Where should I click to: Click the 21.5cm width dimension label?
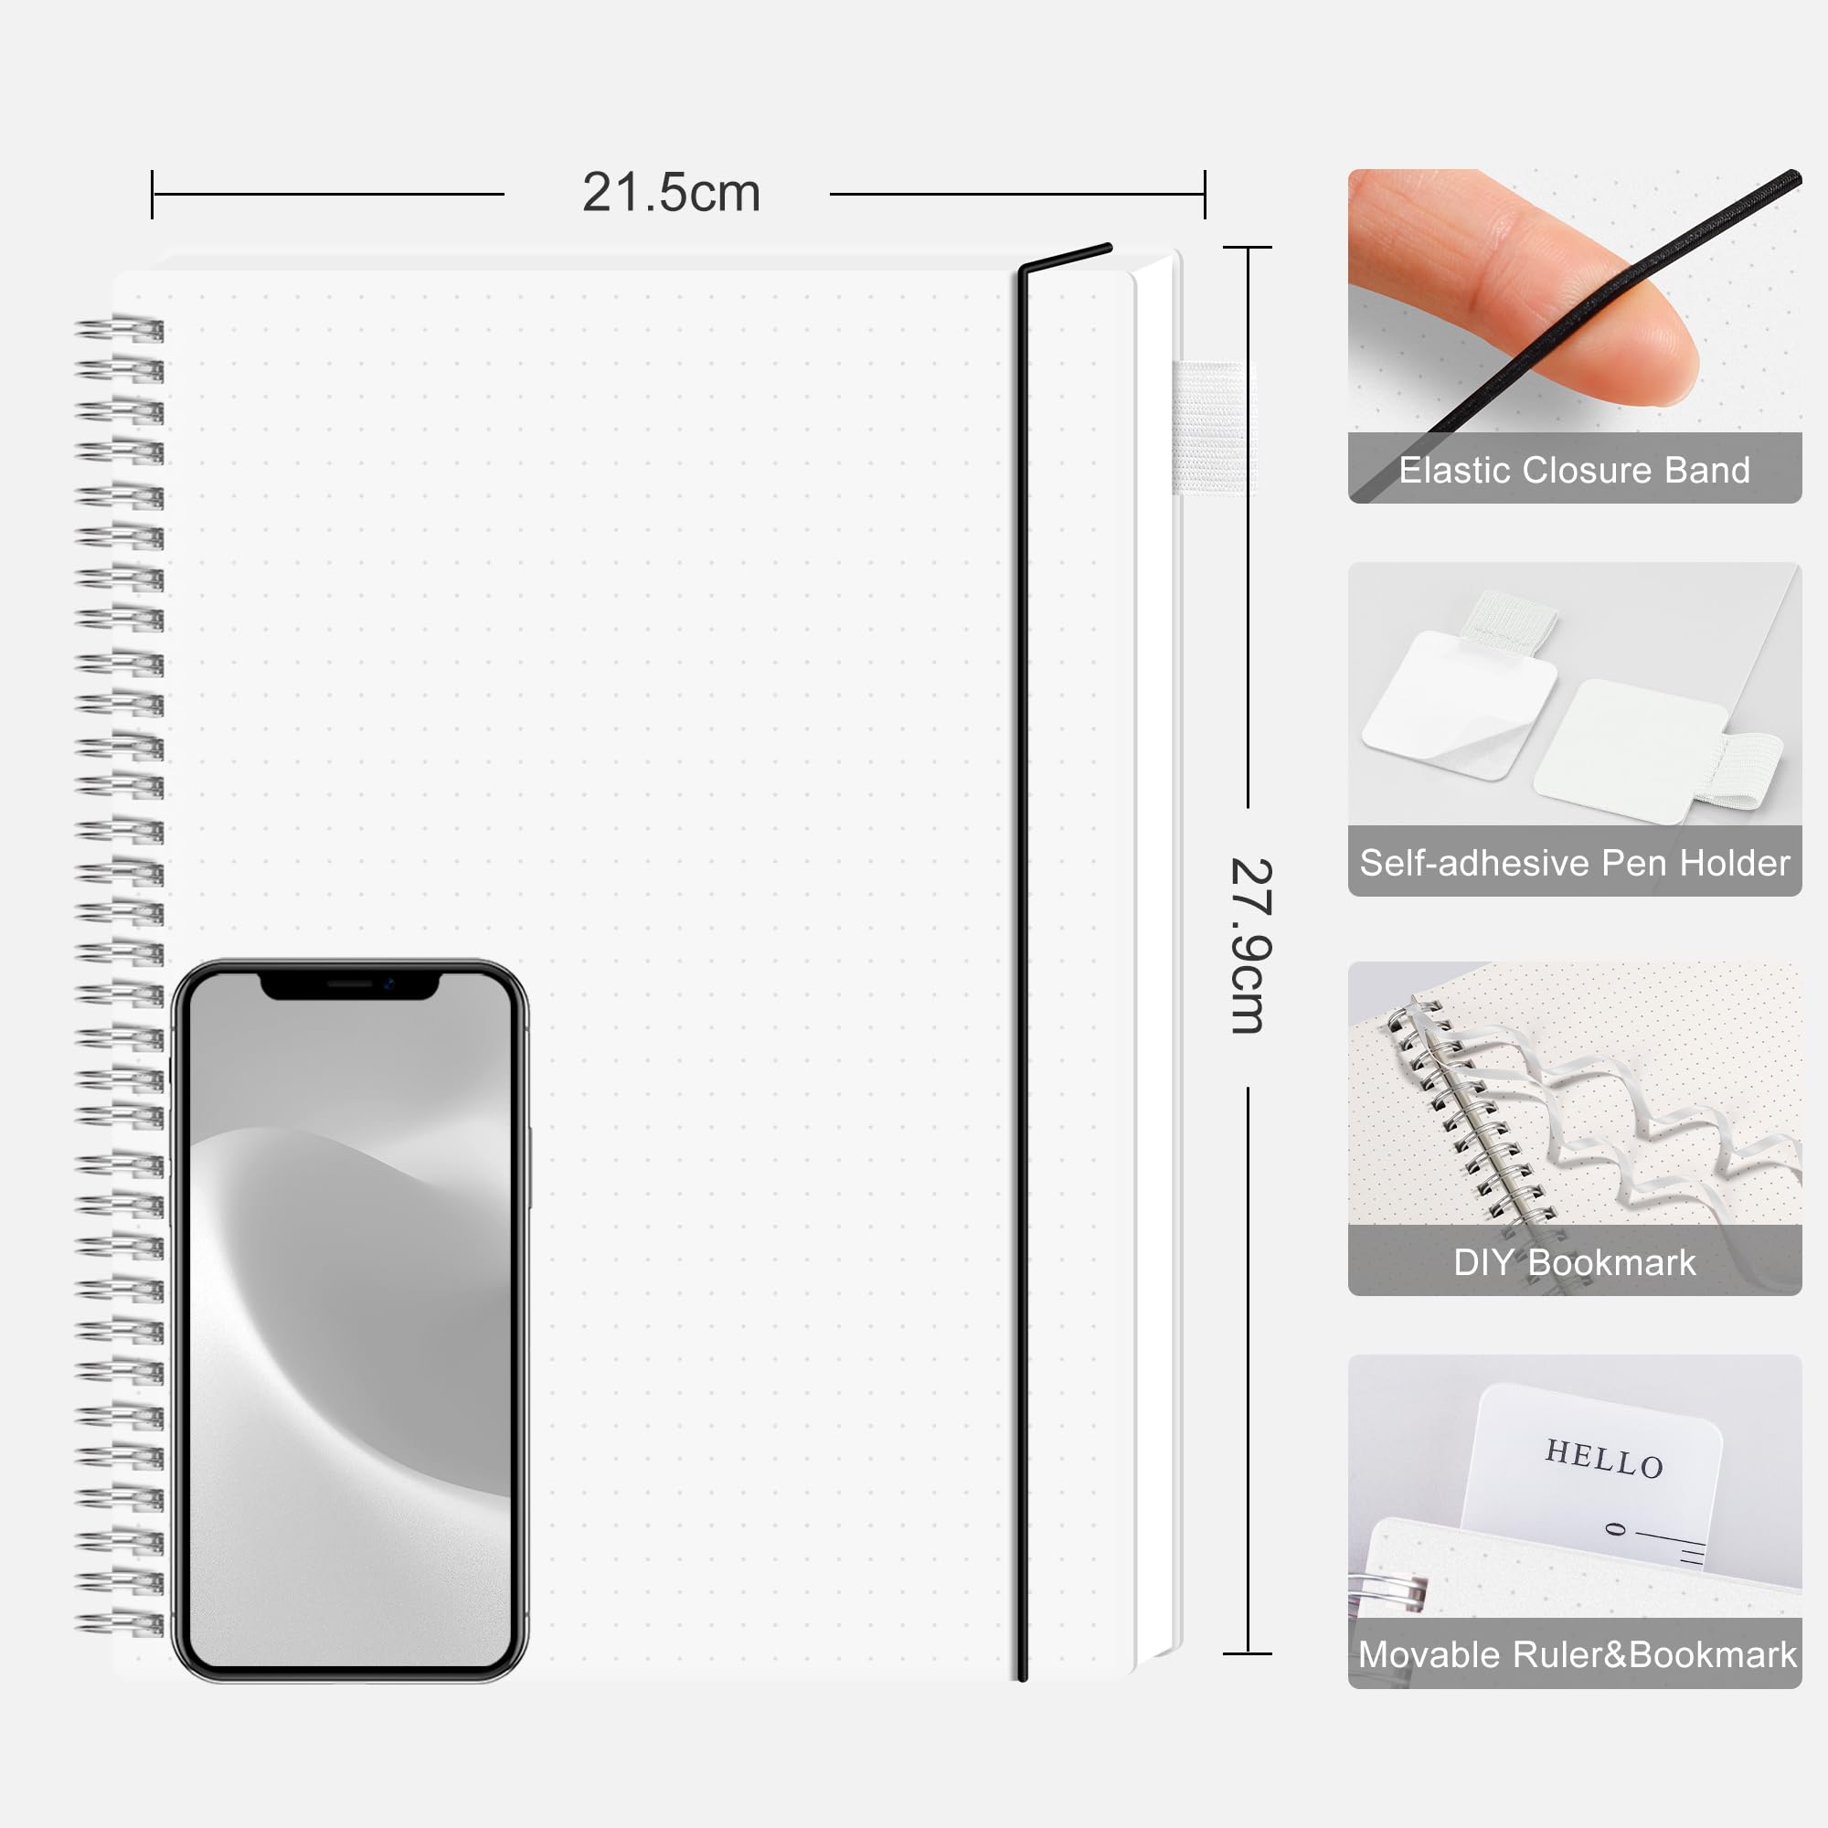click(x=671, y=193)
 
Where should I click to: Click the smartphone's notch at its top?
click(x=350, y=985)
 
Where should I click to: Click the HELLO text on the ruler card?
click(x=1604, y=1458)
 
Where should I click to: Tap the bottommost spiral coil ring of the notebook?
click(x=120, y=1624)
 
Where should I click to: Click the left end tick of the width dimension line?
click(x=153, y=195)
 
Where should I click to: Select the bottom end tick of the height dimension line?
click(x=1247, y=1653)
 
